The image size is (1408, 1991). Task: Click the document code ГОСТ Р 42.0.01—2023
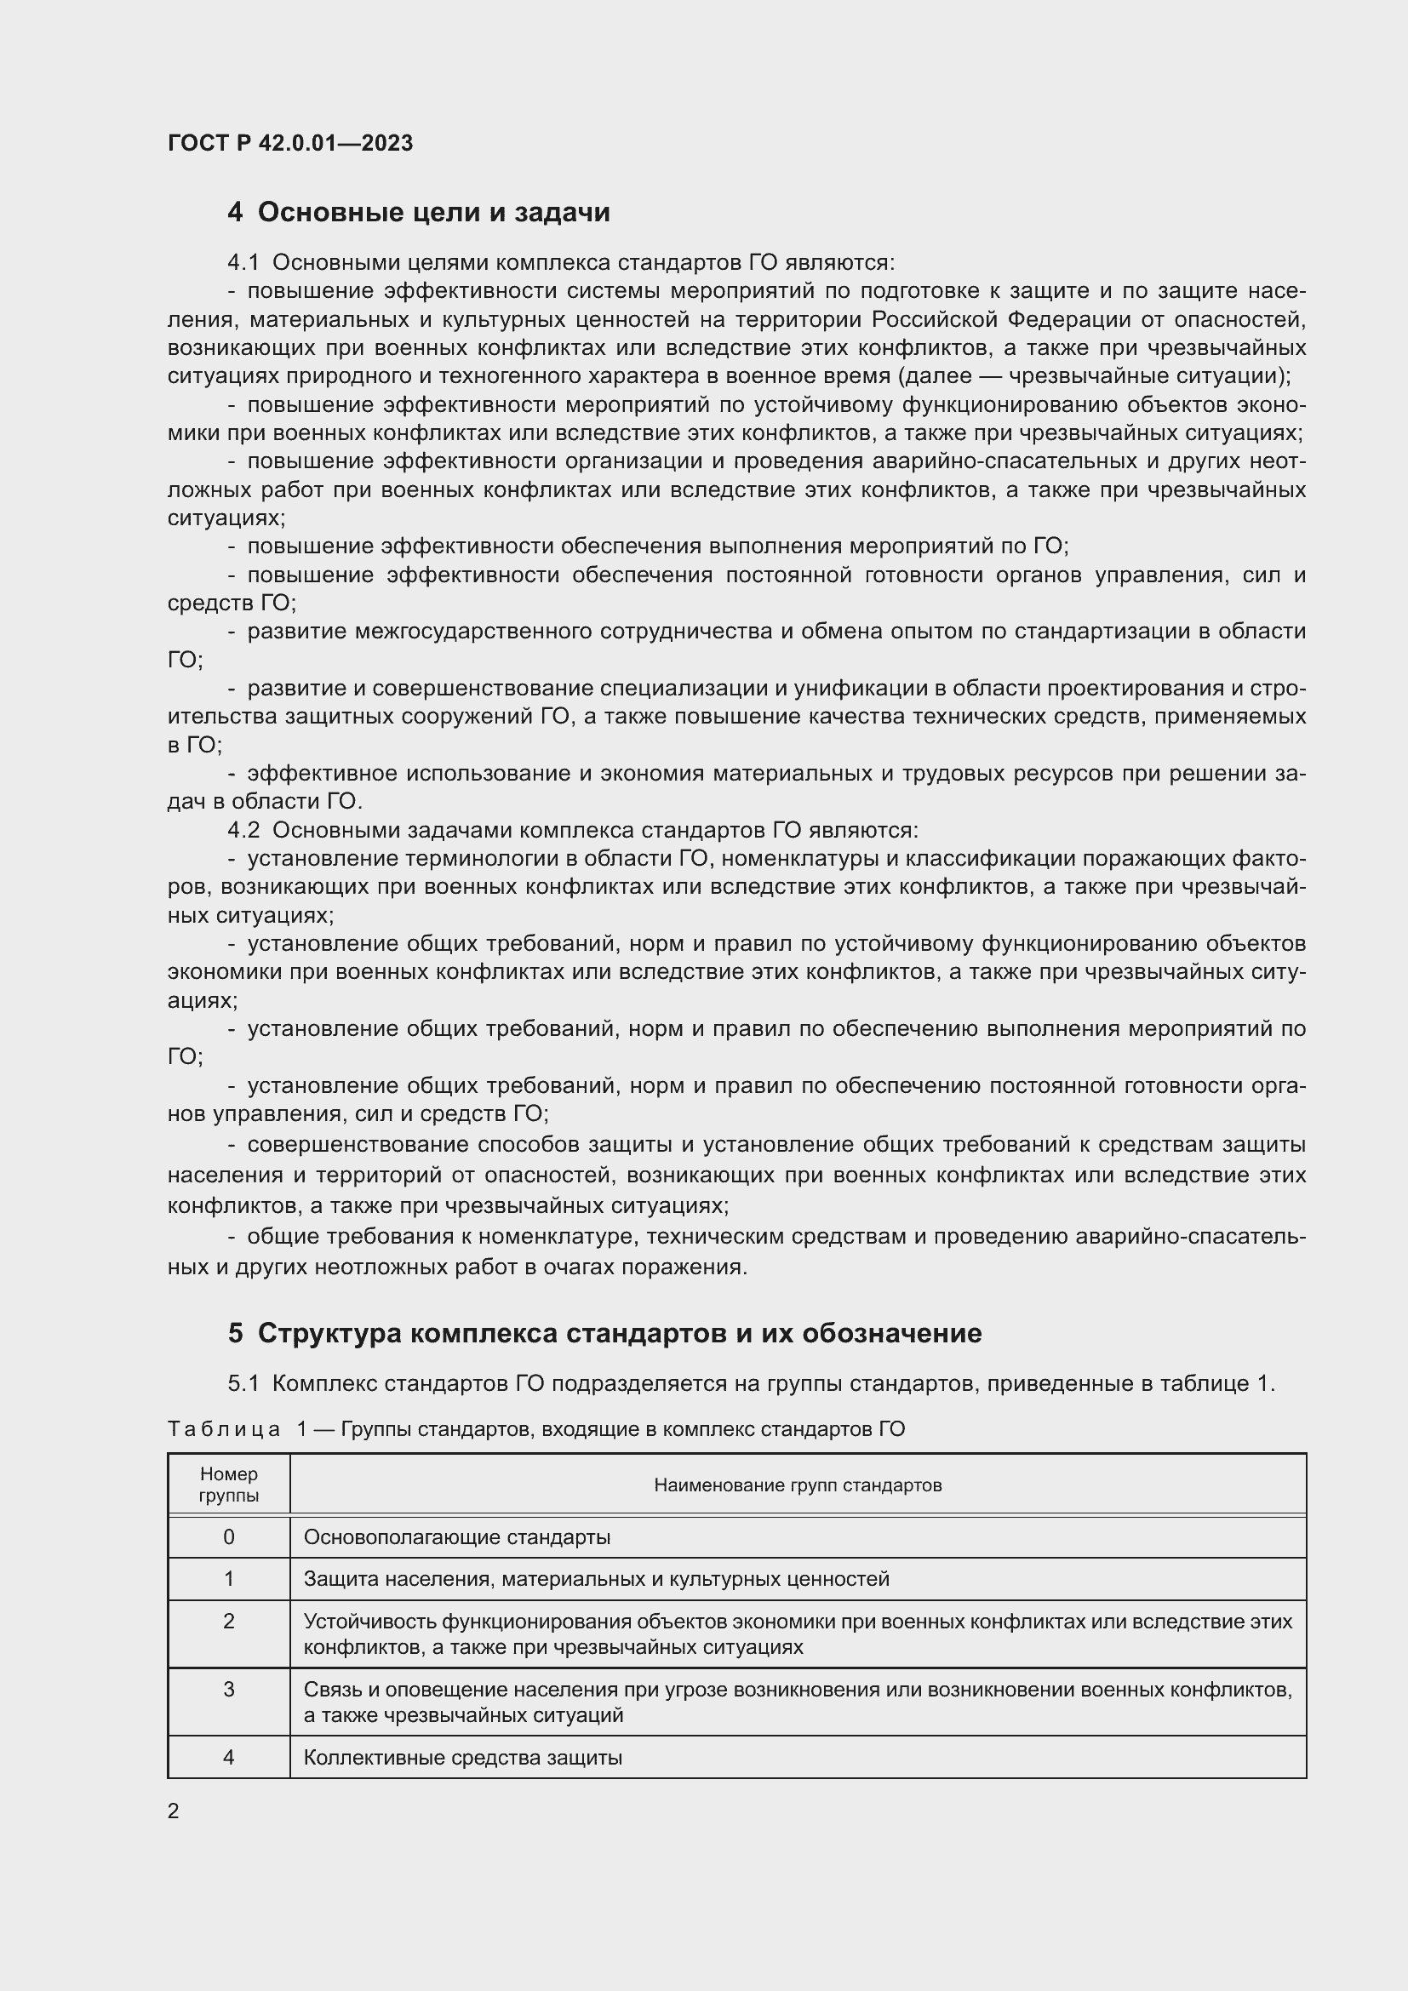pyautogui.click(x=289, y=143)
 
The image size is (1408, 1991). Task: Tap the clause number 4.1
pyautogui.click(x=243, y=263)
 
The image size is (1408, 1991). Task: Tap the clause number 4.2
pyautogui.click(x=243, y=830)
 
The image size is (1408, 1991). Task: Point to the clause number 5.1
pyautogui.click(x=243, y=1383)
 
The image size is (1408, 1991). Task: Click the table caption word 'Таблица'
pyautogui.click(x=224, y=1429)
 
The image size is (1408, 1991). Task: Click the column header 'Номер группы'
pyautogui.click(x=229, y=1485)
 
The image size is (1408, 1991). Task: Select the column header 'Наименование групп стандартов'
pyautogui.click(x=798, y=1485)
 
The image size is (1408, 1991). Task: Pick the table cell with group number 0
pyautogui.click(x=229, y=1537)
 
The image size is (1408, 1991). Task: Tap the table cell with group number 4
pyautogui.click(x=229, y=1758)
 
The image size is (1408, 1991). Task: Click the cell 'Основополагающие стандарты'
pyautogui.click(x=457, y=1537)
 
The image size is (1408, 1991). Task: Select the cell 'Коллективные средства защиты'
pyautogui.click(x=463, y=1758)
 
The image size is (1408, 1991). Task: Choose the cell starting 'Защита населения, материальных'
pyautogui.click(x=597, y=1579)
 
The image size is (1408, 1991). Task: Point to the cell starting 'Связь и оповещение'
pyautogui.click(x=798, y=1702)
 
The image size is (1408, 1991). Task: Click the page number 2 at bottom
pyautogui.click(x=174, y=1811)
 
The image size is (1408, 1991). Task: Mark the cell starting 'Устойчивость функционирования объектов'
pyautogui.click(x=798, y=1633)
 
